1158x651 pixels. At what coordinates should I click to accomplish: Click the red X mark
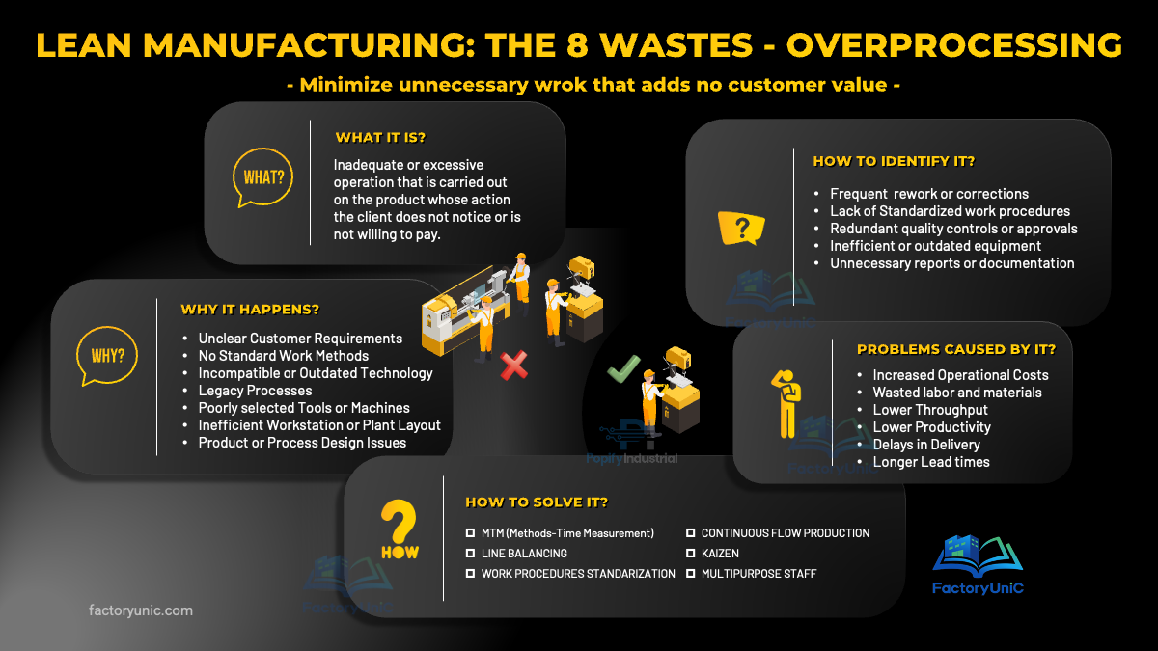coord(513,365)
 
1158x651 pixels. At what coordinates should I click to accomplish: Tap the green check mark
coord(623,368)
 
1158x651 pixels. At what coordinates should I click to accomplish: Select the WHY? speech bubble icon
coord(107,354)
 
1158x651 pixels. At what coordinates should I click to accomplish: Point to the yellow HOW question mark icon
coord(399,531)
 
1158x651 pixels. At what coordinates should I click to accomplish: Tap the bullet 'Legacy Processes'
coord(255,391)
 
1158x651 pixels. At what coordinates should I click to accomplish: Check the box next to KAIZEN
coord(691,554)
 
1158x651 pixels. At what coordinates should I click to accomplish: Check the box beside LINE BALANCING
coord(471,554)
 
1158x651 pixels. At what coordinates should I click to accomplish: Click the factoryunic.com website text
coord(141,610)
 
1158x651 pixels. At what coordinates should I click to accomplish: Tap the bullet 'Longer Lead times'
coord(930,462)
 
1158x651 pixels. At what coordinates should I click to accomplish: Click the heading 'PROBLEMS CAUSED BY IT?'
coord(956,349)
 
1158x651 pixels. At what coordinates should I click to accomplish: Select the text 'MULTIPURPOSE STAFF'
coord(758,574)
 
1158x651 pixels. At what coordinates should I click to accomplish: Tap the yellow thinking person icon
coord(788,399)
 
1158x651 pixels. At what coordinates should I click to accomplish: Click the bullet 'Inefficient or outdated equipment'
coord(935,246)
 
